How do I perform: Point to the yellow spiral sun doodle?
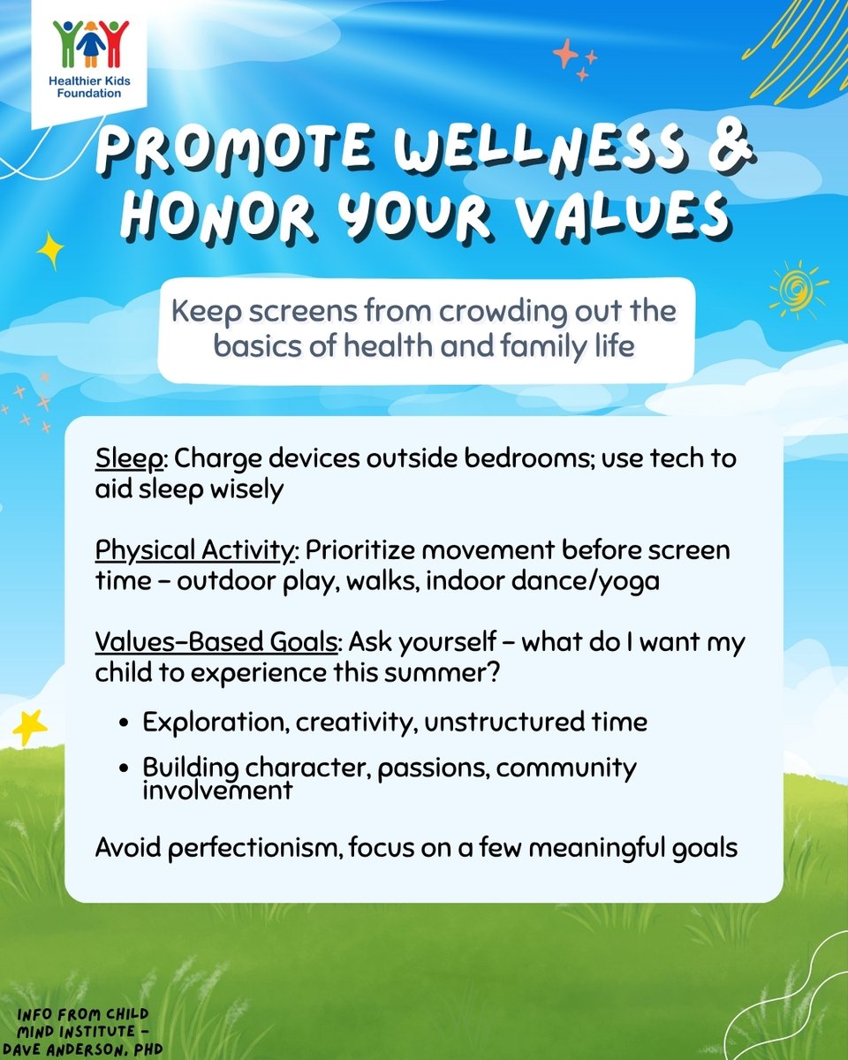797,288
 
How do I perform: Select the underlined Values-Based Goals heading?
216,642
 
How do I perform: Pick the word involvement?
217,790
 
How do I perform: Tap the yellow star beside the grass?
31,726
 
